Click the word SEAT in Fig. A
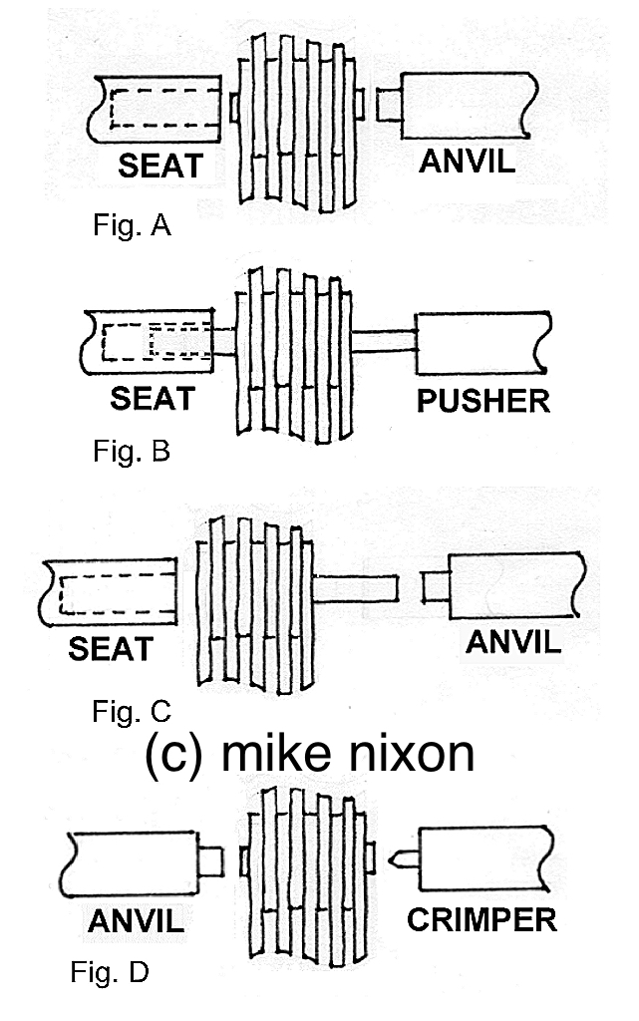pos(160,165)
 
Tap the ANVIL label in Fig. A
pos(467,161)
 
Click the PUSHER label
pos(483,401)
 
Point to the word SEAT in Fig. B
pos(153,399)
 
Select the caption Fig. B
pos(131,451)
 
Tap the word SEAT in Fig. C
pos(112,649)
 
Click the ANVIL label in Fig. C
pos(513,641)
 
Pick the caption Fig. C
pos(131,711)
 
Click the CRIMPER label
pos(481,918)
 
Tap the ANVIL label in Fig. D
pos(137,921)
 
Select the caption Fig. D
pos(110,972)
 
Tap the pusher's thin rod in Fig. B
pos(384,340)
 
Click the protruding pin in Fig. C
pos(356,588)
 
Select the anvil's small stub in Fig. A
pos(389,103)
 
